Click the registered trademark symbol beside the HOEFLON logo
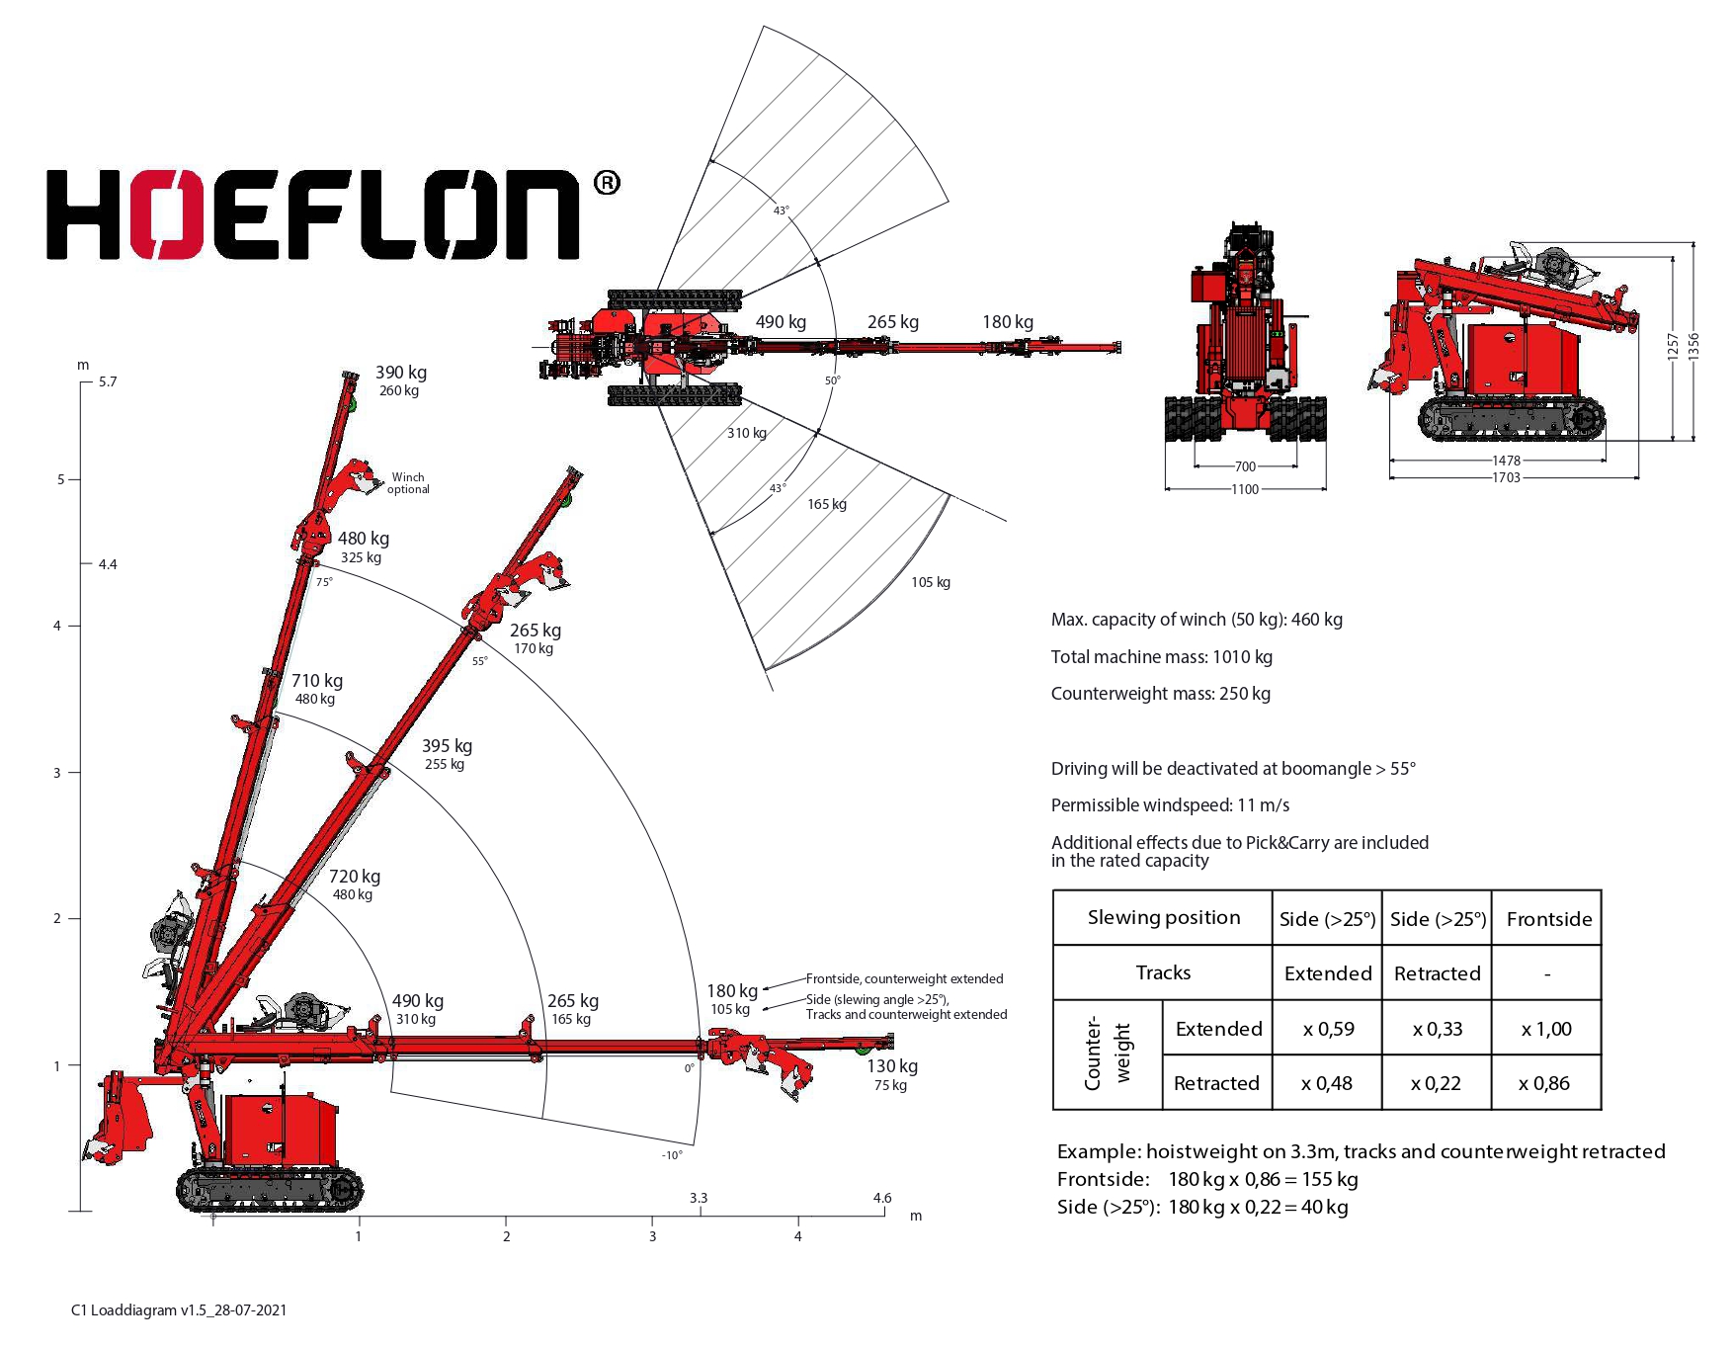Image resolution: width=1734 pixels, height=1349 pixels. tap(607, 183)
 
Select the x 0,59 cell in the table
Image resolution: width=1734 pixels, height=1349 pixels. tap(1327, 1029)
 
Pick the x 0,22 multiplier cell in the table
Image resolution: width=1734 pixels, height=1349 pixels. tap(1437, 1083)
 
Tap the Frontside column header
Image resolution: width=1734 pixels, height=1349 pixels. tap(1548, 919)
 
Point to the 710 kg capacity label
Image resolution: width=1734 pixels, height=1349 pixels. tap(317, 681)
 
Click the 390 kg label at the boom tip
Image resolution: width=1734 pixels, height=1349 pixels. tap(401, 373)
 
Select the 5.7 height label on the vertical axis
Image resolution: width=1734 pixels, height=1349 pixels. tap(108, 381)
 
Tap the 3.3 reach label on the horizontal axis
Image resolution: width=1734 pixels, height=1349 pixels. tap(699, 1198)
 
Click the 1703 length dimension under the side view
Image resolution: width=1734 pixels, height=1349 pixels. tap(1506, 478)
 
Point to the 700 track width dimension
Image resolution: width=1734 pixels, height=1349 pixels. tap(1245, 466)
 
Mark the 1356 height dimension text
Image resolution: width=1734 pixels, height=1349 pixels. tap(1693, 346)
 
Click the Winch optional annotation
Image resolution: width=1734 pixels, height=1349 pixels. tap(408, 483)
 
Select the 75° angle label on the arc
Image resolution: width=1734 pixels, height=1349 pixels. tap(324, 583)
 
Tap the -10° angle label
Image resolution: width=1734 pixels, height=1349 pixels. tap(672, 1155)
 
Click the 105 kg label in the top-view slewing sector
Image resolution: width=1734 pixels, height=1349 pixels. tap(931, 582)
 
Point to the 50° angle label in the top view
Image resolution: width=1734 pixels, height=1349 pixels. tap(833, 380)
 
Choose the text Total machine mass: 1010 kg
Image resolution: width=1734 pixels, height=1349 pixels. tap(1161, 657)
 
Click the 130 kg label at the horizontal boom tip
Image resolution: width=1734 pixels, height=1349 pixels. tap(892, 1066)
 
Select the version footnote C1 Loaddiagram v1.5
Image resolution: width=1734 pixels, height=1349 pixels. tap(179, 1310)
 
